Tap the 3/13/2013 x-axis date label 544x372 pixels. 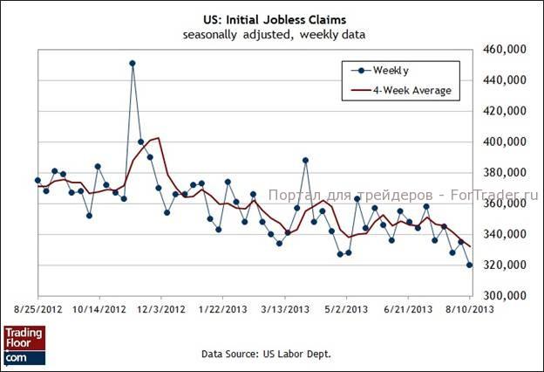click(285, 308)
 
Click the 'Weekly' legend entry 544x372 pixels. click(391, 70)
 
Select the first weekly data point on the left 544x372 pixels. click(37, 180)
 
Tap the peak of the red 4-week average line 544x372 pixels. click(157, 138)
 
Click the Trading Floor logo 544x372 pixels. click(24, 345)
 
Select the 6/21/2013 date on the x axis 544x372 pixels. click(409, 308)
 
